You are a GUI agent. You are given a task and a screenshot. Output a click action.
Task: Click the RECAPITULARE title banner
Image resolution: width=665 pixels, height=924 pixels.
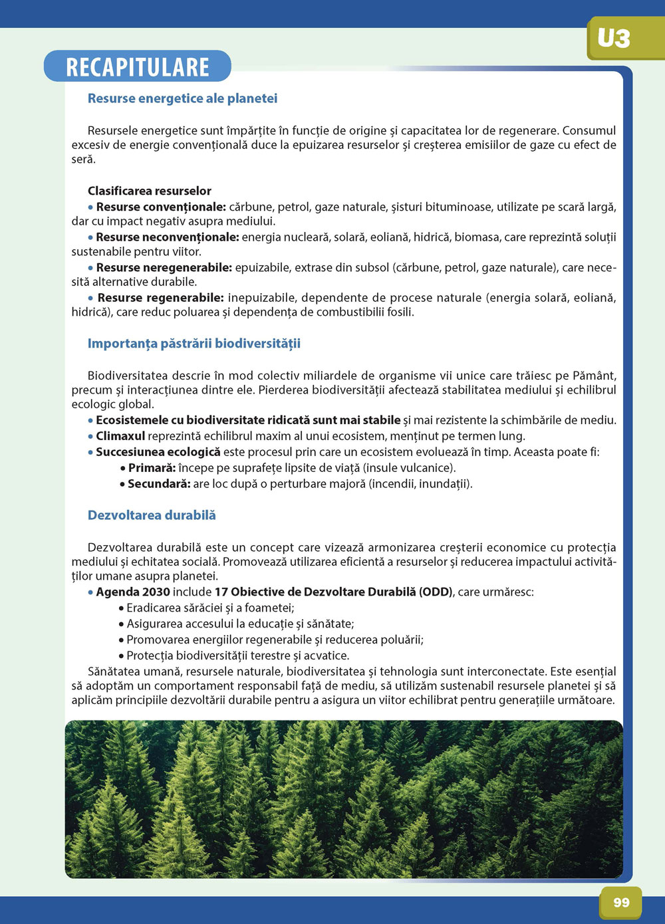tap(138, 67)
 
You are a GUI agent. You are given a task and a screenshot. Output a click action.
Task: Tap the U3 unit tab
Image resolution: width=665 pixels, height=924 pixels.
tap(614, 39)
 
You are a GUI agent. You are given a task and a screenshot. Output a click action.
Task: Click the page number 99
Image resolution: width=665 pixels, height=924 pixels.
tap(621, 902)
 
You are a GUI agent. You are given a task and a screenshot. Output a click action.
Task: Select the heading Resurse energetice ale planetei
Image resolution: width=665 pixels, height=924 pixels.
tap(182, 98)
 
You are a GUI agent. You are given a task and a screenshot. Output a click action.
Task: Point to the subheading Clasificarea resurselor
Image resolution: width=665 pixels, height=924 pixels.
tap(150, 191)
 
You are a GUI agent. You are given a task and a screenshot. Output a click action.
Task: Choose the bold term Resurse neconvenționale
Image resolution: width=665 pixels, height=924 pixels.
tap(167, 237)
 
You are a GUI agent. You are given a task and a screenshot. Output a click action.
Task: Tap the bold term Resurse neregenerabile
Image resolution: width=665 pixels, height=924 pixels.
tap(164, 267)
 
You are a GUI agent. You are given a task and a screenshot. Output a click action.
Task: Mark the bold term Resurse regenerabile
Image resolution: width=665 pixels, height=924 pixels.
tap(160, 297)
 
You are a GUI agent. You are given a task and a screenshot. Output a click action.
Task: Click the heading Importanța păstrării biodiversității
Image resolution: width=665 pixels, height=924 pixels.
tap(194, 344)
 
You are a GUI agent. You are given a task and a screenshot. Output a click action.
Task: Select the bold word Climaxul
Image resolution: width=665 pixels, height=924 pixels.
tap(120, 436)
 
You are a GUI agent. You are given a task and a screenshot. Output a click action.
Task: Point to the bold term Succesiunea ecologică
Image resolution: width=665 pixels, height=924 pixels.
tap(158, 452)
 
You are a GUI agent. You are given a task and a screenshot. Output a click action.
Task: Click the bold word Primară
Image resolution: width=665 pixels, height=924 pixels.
tap(152, 468)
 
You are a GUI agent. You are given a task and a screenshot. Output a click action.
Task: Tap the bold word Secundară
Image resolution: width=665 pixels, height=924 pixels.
tap(159, 484)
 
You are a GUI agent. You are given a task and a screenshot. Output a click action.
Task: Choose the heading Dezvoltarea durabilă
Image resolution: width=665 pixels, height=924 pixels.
tap(152, 515)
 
